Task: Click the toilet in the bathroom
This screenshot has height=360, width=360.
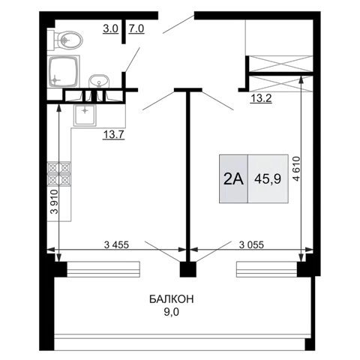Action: tap(65, 40)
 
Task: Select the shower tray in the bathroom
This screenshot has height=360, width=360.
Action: tap(64, 71)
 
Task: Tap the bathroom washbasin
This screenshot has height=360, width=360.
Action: tap(99, 81)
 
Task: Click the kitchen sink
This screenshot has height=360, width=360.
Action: tap(85, 115)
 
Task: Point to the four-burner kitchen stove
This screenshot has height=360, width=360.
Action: tap(59, 174)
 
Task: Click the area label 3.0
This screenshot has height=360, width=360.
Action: tap(110, 29)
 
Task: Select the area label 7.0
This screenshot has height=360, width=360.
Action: tap(136, 29)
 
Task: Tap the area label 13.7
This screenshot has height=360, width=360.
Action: tap(114, 135)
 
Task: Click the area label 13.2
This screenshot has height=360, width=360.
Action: tap(261, 99)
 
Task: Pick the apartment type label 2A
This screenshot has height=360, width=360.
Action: tap(233, 179)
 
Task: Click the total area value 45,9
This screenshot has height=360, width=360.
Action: tap(268, 179)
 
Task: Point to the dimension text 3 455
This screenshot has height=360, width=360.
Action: tap(116, 244)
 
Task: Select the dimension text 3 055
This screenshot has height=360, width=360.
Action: tap(251, 244)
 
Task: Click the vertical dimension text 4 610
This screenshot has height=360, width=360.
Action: tap(296, 169)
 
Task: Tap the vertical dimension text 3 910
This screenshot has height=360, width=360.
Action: tap(54, 202)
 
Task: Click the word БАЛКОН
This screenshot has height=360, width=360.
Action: tap(172, 299)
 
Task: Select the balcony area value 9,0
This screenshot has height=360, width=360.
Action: tap(172, 312)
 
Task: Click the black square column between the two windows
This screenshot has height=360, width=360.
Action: tap(188, 269)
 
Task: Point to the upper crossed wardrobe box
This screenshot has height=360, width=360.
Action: tap(281, 64)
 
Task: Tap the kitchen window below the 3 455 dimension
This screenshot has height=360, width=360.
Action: tap(103, 269)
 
